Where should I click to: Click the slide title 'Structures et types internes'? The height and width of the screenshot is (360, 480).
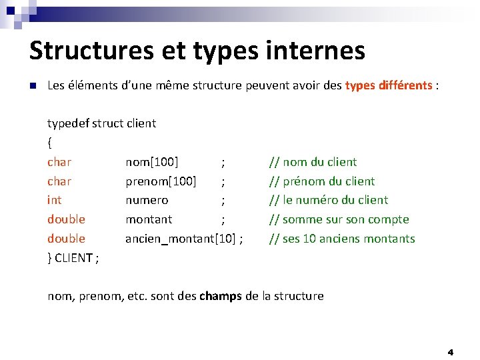tap(197, 51)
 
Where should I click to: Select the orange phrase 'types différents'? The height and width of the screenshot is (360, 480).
tap(389, 86)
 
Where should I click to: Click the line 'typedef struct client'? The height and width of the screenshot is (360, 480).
tap(101, 123)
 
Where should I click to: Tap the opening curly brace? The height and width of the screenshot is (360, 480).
tap(49, 142)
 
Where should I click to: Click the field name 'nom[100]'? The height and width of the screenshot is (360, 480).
tap(151, 161)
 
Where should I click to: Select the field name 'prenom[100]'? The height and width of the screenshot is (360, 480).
tap(161, 181)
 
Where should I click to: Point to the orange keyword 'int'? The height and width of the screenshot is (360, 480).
tap(55, 200)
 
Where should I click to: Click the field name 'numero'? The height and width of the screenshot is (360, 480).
tap(147, 200)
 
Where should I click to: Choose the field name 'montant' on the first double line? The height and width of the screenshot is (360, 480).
tap(149, 219)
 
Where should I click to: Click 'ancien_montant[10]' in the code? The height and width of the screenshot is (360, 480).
tap(179, 239)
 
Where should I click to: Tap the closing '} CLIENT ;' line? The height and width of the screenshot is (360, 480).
tap(73, 258)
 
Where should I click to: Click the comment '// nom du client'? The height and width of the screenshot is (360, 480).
tap(313, 161)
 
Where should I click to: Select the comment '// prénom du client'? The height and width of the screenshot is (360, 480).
tap(321, 181)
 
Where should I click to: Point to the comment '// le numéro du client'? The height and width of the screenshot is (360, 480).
tap(328, 200)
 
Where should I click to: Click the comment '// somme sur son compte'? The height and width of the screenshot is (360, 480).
tap(339, 219)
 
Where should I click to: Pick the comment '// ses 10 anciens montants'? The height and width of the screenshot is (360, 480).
tap(341, 239)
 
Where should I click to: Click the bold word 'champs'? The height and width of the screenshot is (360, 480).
tap(221, 296)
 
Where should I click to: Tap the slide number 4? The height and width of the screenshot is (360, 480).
tap(450, 351)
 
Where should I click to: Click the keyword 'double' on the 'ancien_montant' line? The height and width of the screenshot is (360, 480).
tap(66, 239)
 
